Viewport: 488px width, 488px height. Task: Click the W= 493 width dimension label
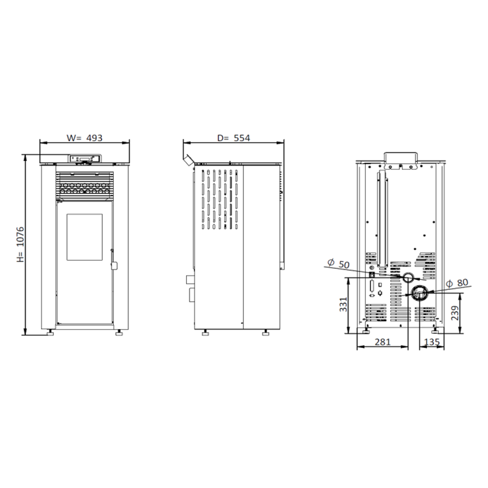click(84, 138)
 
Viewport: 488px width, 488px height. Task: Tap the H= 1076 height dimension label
click(20, 244)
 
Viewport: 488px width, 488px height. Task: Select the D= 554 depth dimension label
click(234, 138)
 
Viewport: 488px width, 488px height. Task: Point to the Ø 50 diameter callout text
click(339, 264)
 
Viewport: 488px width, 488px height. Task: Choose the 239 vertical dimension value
click(455, 313)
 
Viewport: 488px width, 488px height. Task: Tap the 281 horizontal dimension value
click(383, 342)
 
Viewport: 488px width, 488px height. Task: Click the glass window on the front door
click(85, 237)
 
